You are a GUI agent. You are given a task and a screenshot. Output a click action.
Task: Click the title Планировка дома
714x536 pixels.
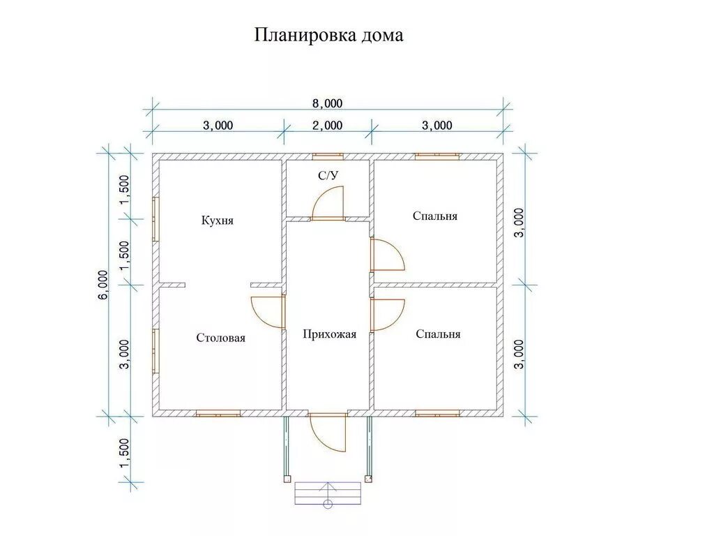coord(328,35)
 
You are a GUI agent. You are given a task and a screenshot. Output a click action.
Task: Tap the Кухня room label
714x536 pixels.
coord(217,221)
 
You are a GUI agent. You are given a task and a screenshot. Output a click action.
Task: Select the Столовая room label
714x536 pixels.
coord(220,338)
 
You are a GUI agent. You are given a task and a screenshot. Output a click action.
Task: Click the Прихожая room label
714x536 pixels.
coord(329,334)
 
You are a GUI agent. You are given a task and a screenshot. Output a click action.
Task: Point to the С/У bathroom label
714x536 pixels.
coord(328,176)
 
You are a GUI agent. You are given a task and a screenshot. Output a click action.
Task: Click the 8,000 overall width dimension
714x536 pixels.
coord(327,103)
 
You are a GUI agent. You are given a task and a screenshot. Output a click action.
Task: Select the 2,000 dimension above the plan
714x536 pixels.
coord(327,126)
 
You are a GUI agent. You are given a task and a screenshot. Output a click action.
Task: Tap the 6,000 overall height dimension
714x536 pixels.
coord(103,284)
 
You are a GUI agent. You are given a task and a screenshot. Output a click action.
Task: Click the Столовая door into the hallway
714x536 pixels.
coord(268,312)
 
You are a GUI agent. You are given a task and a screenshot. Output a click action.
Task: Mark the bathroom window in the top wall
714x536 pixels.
coord(326,156)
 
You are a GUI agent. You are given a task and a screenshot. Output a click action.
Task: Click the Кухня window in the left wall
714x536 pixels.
coord(155,219)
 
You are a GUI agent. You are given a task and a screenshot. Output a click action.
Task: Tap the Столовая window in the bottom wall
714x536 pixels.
coord(218,414)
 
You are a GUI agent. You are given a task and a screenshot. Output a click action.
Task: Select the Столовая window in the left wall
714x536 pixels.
coord(155,350)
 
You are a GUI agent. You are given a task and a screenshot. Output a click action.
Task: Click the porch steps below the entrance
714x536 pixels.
coord(328,493)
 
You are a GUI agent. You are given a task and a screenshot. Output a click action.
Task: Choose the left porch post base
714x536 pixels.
coord(287,479)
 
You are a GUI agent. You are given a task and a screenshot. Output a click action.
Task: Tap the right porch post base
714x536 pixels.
coord(369,479)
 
